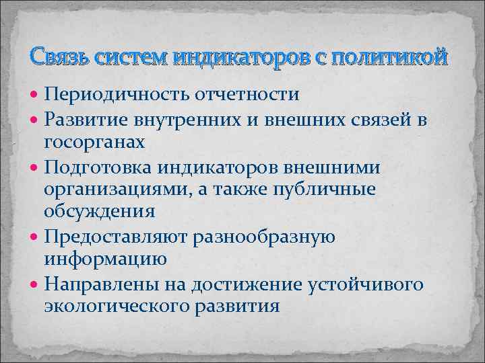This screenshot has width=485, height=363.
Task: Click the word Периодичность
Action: [112, 94]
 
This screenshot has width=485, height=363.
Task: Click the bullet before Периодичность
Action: [36, 94]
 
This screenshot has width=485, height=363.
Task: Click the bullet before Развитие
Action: [36, 119]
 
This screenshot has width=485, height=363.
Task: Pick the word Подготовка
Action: [98, 167]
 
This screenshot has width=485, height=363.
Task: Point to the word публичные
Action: [337, 190]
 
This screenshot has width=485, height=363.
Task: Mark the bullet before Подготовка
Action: [36, 167]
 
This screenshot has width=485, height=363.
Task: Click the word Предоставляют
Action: [115, 237]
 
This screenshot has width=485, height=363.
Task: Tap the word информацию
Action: [102, 259]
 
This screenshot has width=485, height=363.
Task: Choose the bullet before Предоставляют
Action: [36, 237]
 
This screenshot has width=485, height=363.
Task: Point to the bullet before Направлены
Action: [36, 284]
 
